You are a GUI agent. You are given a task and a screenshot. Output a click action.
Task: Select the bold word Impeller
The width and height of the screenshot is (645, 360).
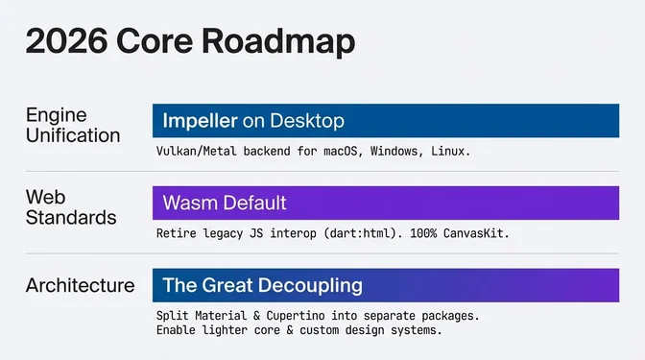click(201, 121)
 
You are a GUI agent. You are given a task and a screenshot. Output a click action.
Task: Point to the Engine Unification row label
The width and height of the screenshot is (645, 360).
click(73, 125)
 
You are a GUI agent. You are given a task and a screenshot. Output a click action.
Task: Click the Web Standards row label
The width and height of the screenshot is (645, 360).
click(70, 207)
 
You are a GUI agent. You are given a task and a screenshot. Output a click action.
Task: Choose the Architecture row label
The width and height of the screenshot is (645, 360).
click(81, 285)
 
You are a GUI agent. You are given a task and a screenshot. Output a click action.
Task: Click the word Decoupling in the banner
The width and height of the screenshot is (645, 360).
click(308, 285)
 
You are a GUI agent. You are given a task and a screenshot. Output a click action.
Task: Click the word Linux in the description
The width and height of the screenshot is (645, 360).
click(446, 152)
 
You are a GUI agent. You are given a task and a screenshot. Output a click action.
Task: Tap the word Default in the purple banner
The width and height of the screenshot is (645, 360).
click(253, 204)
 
